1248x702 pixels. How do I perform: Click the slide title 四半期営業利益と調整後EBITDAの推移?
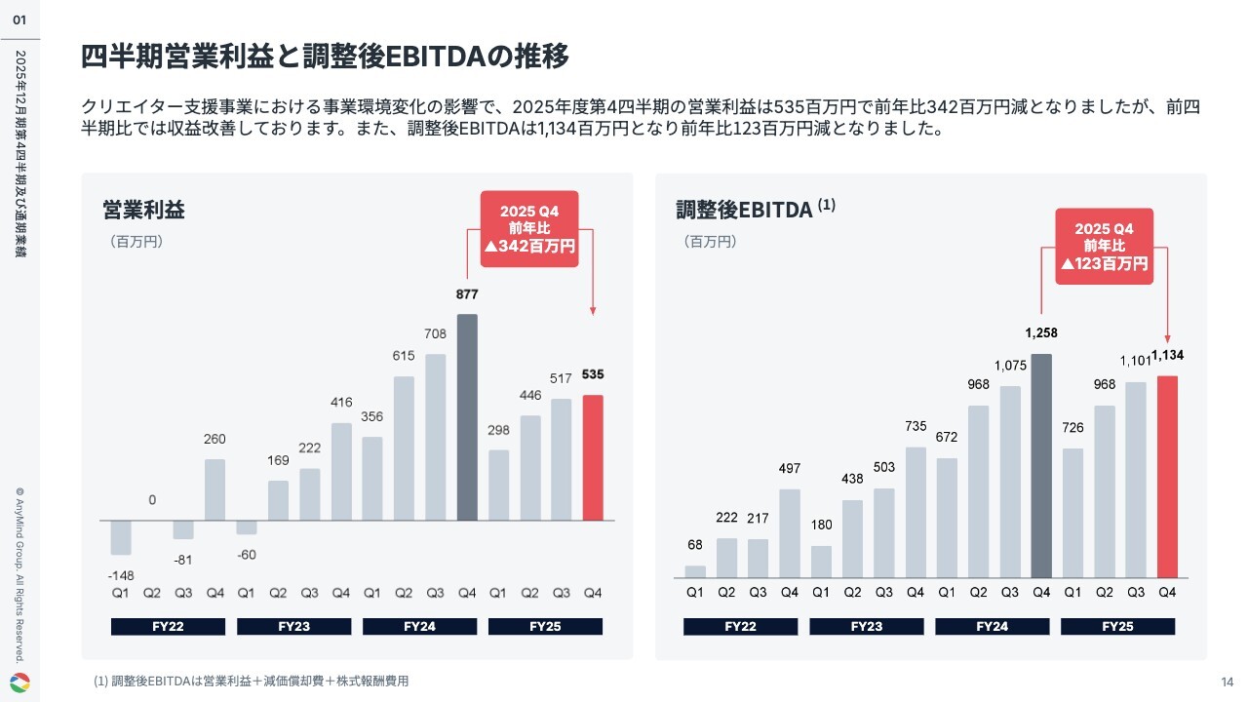325,57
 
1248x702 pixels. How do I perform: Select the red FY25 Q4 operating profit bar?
592,457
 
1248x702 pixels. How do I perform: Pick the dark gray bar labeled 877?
467,417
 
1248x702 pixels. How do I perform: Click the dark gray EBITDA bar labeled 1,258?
1041,465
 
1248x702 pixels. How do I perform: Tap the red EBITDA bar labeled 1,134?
1167,476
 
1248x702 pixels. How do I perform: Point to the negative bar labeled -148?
121,537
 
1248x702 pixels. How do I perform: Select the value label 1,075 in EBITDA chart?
1010,366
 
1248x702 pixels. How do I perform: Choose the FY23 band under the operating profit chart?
293,626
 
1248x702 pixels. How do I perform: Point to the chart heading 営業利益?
143,210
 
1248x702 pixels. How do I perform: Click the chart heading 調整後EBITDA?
744,210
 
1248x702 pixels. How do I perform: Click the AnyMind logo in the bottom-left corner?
19,682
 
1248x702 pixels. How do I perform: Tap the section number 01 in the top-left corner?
19,19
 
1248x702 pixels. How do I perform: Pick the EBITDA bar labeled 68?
695,571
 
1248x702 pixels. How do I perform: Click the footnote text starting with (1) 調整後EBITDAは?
252,682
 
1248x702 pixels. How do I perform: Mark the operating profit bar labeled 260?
215,489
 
